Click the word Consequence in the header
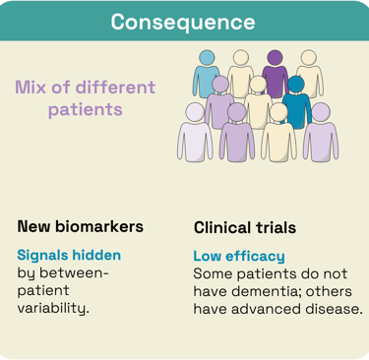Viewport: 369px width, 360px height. pyautogui.click(x=183, y=22)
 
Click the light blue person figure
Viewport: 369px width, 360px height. pyautogui.click(x=207, y=79)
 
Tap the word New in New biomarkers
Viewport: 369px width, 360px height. pyautogui.click(x=35, y=226)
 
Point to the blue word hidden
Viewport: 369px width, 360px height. pyautogui.click(x=98, y=255)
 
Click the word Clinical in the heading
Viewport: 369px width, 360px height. pyautogui.click(x=222, y=227)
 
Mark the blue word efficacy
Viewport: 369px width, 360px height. pyautogui.click(x=255, y=256)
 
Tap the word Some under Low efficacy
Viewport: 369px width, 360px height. pyautogui.click(x=212, y=272)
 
